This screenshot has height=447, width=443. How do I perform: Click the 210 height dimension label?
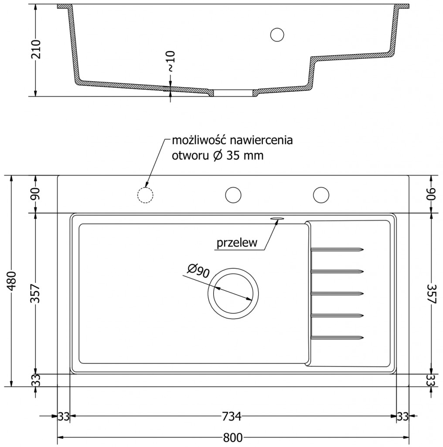(x=37, y=49)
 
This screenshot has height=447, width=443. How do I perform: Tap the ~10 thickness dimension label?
(x=170, y=61)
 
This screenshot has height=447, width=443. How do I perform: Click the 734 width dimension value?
(x=233, y=416)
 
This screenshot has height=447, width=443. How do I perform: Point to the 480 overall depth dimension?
(x=13, y=281)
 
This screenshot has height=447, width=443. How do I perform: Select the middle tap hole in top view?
(x=233, y=194)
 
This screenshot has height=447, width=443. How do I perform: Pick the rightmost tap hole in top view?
(x=321, y=194)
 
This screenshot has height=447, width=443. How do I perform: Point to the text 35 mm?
(x=245, y=156)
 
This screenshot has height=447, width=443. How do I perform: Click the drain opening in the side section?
(x=233, y=93)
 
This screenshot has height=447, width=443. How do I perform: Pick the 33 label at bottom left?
(x=64, y=416)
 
